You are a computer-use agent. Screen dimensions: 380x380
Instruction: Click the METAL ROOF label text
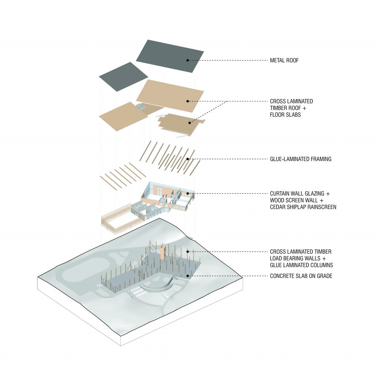coord(284,60)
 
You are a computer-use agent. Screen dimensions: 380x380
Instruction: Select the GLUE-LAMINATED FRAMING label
coord(301,159)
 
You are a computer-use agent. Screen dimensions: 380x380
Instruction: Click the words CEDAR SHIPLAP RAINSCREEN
coord(303,207)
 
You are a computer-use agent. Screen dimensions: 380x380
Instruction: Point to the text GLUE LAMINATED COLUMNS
coord(301,265)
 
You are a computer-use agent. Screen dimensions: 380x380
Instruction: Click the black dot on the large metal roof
coord(188,60)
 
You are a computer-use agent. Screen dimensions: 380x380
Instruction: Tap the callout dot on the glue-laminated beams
coord(188,159)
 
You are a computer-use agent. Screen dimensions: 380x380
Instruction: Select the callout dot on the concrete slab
coord(188,276)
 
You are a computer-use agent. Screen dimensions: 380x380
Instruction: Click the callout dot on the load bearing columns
coord(188,252)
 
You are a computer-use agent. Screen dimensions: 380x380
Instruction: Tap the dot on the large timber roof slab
coord(188,101)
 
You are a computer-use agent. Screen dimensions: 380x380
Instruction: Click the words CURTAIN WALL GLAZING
coord(297,194)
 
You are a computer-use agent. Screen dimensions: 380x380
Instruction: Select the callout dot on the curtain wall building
coord(188,194)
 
